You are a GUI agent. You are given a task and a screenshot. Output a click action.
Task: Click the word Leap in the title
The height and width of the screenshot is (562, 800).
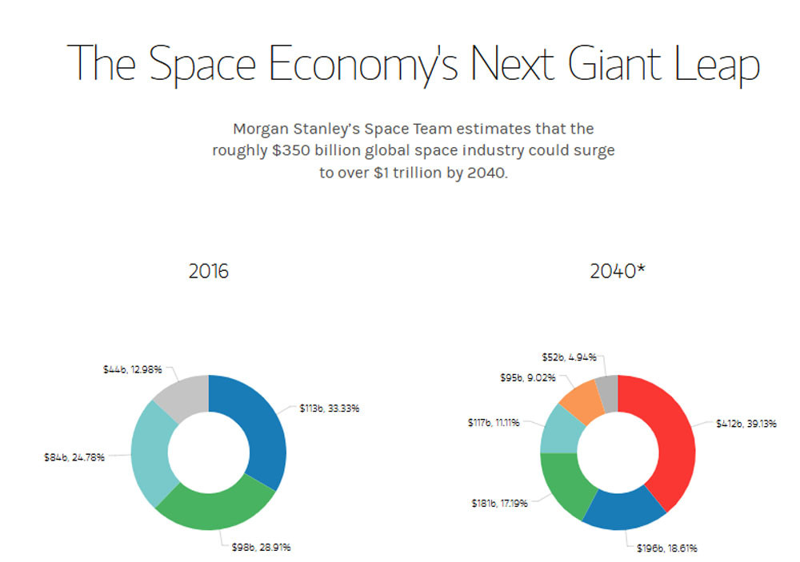(x=717, y=62)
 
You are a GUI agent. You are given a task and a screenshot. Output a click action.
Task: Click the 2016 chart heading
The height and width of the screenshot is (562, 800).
(x=208, y=272)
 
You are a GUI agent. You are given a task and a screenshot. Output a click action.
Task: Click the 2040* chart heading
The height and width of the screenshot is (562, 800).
(x=617, y=272)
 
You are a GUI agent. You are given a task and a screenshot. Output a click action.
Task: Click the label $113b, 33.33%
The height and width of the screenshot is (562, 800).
(x=330, y=409)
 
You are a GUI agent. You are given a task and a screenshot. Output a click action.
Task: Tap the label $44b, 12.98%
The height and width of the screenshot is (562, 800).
(x=133, y=369)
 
